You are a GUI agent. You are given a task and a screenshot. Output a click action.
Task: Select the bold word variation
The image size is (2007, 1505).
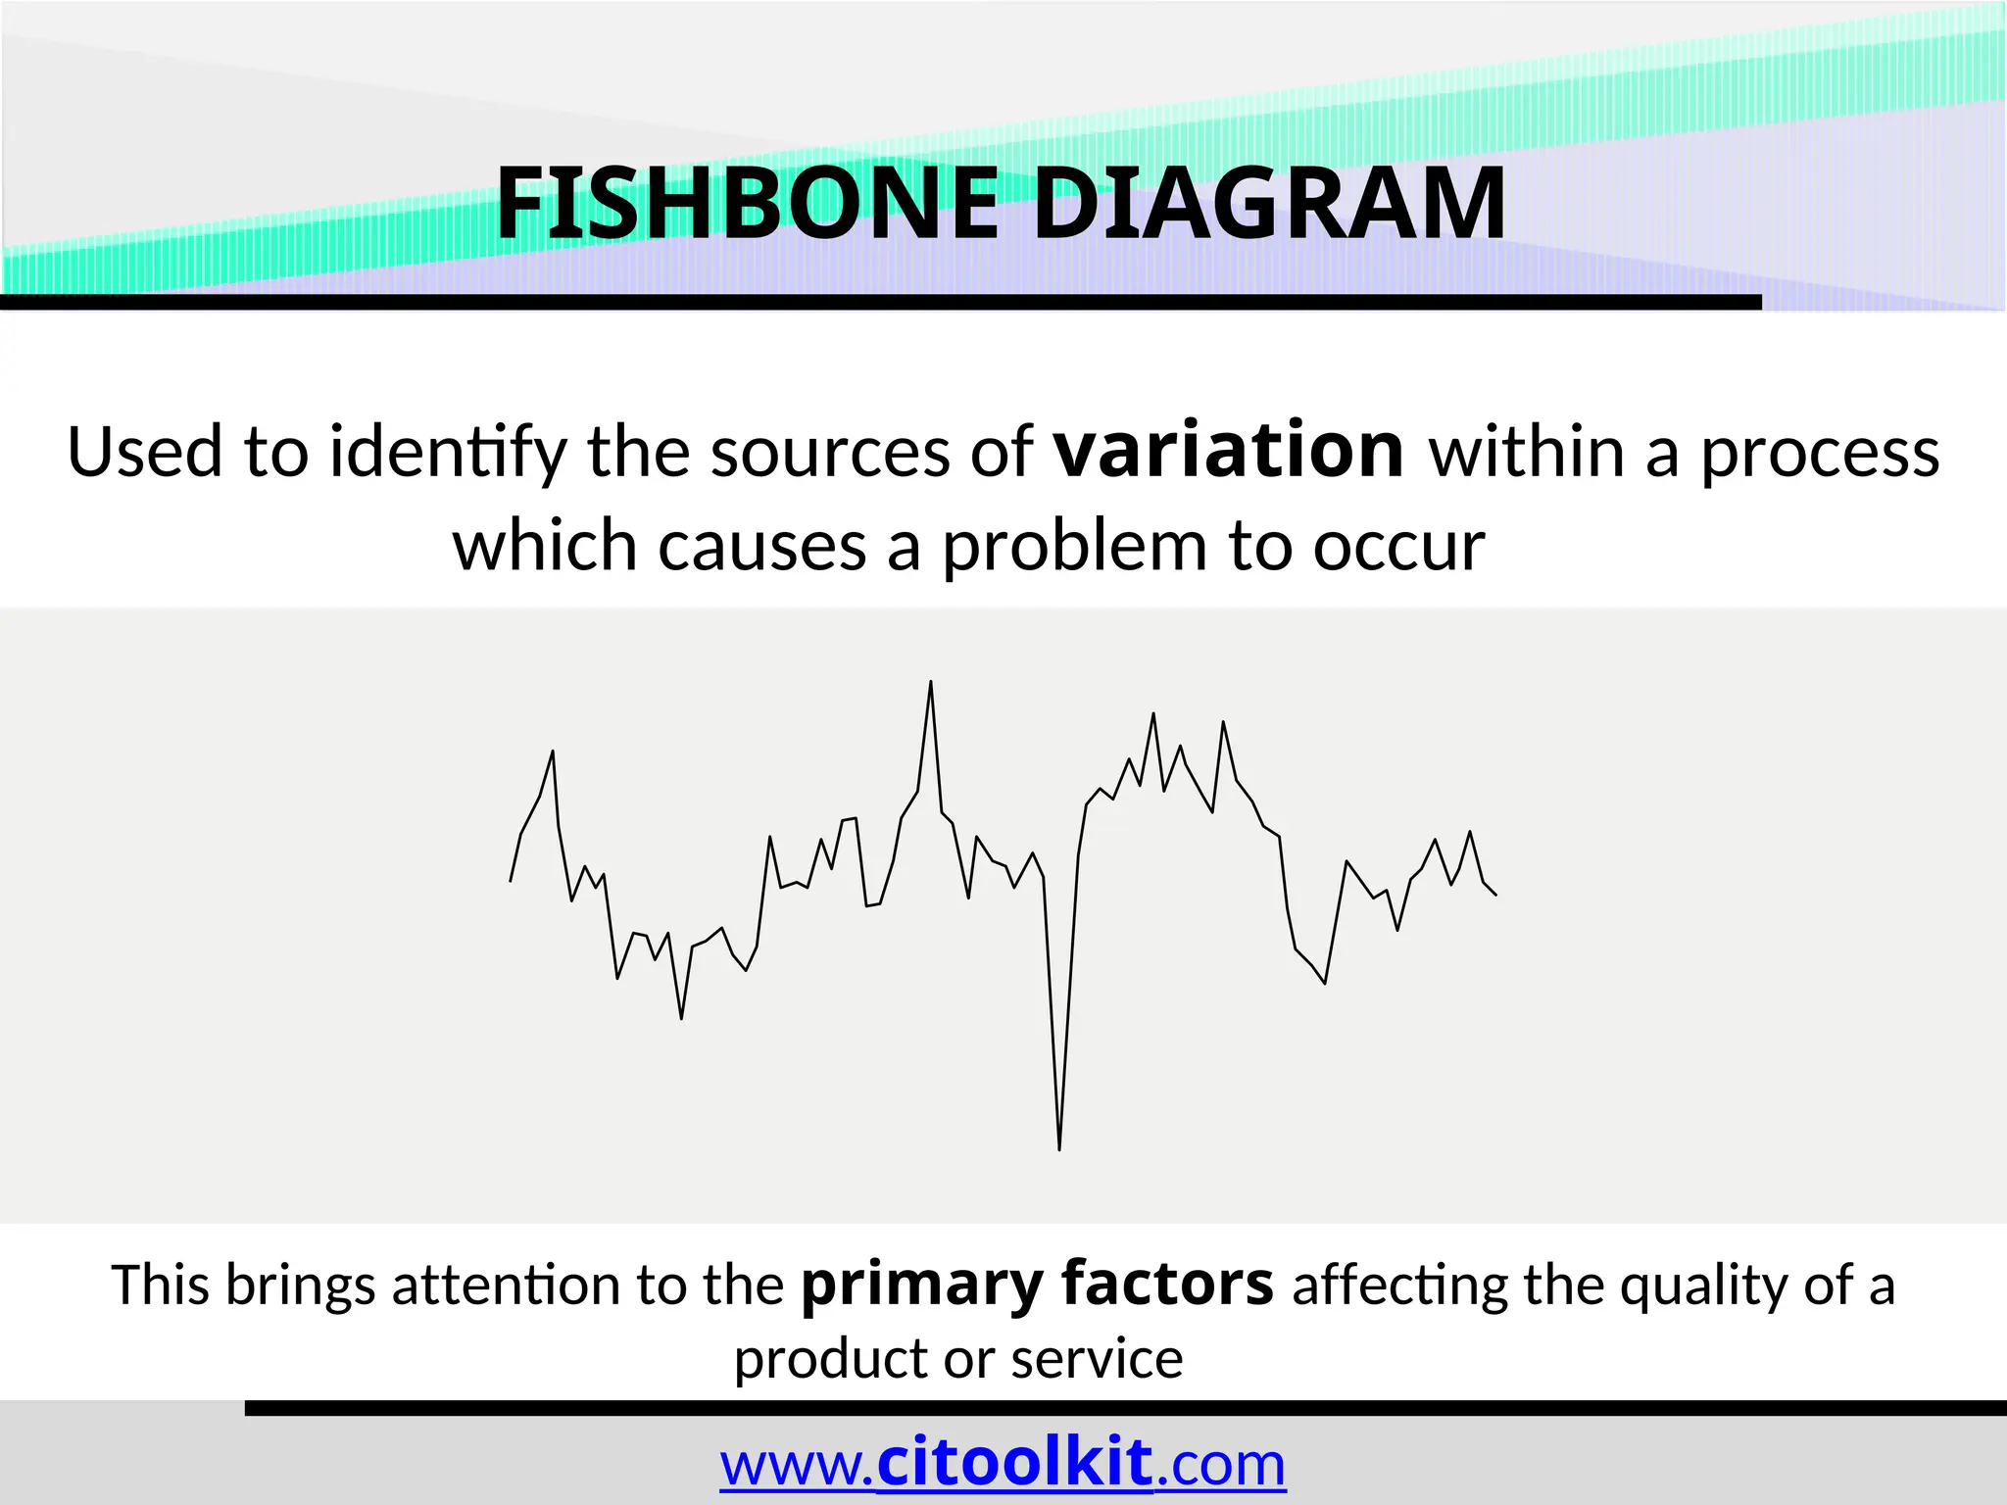(x=1229, y=451)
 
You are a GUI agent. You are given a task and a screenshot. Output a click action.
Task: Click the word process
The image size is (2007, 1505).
(x=1819, y=455)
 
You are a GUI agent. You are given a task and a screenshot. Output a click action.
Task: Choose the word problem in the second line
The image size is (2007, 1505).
(x=1073, y=547)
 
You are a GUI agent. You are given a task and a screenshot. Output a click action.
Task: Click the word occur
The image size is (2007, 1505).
(x=1398, y=547)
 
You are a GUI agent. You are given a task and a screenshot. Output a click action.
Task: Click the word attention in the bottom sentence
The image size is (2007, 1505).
(x=505, y=1286)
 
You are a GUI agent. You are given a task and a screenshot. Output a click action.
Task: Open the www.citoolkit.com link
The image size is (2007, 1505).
(x=1003, y=1465)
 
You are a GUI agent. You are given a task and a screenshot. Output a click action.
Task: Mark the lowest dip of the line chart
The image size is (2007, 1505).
(x=1059, y=1148)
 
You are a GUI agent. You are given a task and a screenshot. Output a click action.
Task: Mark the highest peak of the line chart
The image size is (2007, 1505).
(x=930, y=682)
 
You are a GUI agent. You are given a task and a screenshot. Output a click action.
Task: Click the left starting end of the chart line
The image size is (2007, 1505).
(x=511, y=881)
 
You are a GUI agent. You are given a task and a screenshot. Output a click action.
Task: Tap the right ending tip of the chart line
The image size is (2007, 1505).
(x=1495, y=895)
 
